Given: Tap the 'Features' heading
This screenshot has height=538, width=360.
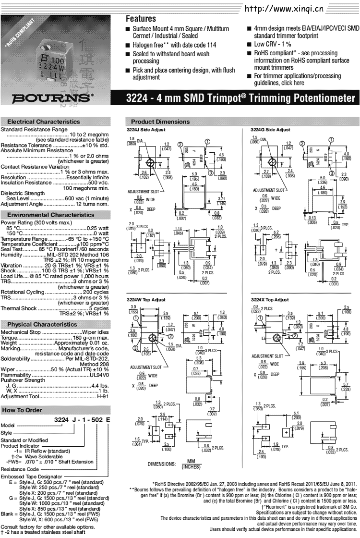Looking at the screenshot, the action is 141,20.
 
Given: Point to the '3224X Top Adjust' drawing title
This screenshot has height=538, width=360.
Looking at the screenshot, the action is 270,299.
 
